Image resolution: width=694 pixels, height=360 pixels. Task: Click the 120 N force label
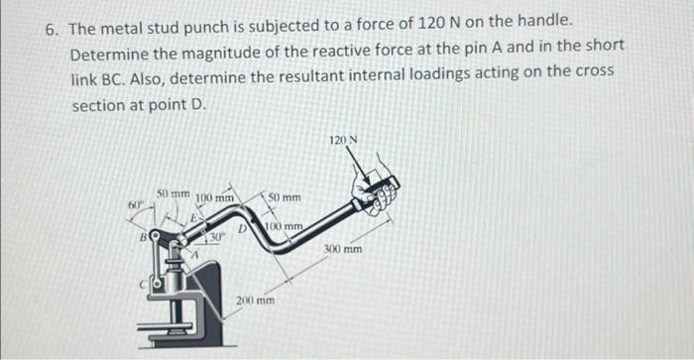pyautogui.click(x=345, y=142)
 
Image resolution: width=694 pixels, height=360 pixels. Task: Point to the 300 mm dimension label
pyautogui.click(x=344, y=250)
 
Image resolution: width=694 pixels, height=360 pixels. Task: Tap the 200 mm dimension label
pyautogui.click(x=256, y=299)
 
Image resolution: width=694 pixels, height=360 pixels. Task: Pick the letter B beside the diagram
pyautogui.click(x=144, y=238)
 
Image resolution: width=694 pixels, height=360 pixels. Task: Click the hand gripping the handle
pyautogui.click(x=380, y=191)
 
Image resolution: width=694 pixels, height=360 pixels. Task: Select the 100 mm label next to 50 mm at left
pyautogui.click(x=214, y=198)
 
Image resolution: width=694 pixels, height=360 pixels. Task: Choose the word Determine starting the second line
pyautogui.click(x=110, y=51)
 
